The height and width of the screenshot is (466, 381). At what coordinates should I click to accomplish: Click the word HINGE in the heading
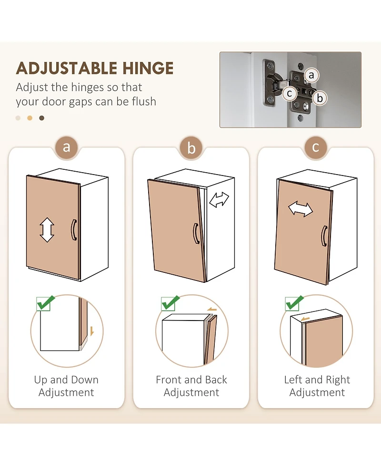coord(148,68)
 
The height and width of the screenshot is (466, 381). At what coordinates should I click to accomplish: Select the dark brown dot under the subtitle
coord(42,118)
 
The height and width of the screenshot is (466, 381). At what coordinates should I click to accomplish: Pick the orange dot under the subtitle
coord(30,118)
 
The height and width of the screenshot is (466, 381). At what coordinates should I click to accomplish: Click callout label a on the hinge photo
coord(311,75)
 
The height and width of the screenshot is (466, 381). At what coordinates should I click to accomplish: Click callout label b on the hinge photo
coord(320,98)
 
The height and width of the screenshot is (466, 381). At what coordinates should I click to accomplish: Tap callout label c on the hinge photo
coord(289,93)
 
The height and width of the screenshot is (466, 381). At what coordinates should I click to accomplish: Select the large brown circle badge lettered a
coord(67,147)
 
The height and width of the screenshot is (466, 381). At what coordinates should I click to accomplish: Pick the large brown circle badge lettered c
coord(316,147)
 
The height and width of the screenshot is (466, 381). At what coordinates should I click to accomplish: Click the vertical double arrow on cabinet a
coord(47,230)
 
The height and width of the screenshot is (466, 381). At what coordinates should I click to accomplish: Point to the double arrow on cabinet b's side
coord(219,200)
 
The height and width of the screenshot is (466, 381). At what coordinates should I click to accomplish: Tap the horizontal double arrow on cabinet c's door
coord(301,209)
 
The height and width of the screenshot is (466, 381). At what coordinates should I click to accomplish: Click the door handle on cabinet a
coord(74,230)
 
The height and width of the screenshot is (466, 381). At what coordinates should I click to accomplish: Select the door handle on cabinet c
coord(324,236)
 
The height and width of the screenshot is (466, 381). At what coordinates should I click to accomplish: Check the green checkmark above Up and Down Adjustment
coord(45,303)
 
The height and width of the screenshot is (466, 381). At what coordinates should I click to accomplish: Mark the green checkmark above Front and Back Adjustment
coord(170,303)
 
